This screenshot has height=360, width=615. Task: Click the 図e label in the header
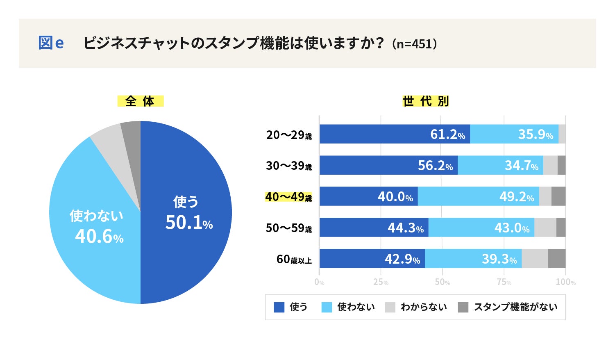51,43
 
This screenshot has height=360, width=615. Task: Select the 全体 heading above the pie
140,101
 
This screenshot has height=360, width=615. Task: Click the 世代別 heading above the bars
426,101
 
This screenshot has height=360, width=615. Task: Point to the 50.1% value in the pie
189,223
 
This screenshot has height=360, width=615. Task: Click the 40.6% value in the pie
99,237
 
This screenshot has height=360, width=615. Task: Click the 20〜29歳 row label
289,134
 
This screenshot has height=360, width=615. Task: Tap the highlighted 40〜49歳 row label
288,197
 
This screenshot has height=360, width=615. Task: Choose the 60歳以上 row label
294,259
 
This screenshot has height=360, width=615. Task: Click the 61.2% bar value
447,134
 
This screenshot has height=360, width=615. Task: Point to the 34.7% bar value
521,166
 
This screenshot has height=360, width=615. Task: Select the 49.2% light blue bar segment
478,196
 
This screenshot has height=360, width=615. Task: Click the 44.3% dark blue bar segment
374,228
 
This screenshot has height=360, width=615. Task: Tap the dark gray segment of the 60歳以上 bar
557,259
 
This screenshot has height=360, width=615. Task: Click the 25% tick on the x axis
381,282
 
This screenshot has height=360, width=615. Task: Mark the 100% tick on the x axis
565,282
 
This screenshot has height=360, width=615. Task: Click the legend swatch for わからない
390,307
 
